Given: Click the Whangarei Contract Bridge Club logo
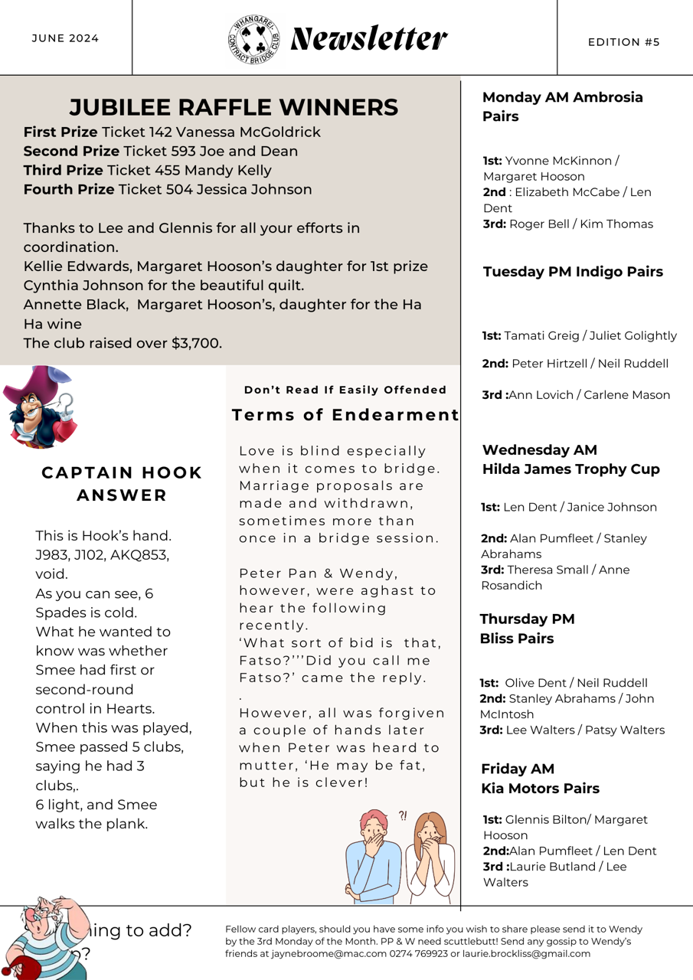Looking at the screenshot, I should pos(253,39).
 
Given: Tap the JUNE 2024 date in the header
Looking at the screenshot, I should pos(65,38).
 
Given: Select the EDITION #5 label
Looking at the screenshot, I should pos(623,42).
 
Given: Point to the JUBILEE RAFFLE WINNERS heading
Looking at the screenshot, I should pos(234,107).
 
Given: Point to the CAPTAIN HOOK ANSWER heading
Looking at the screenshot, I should pos(122,484).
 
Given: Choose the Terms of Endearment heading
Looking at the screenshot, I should pos(345,415).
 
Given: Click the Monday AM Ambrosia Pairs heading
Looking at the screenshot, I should pos(563,106).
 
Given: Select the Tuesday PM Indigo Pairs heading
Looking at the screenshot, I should pos(573,272).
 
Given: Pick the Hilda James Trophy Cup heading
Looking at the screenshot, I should pos(570,469).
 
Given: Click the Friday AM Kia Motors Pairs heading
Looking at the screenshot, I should pos(540,779).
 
